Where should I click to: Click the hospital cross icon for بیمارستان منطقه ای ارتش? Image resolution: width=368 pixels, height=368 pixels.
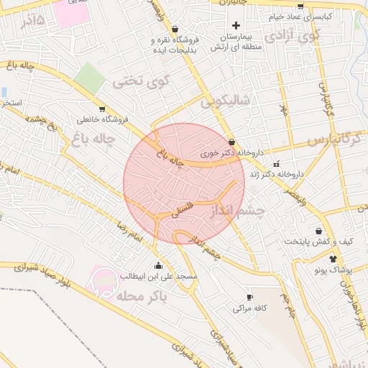pyautogui.click(x=236, y=26)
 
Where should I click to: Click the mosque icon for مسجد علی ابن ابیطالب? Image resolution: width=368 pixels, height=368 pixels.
pyautogui.click(x=158, y=264)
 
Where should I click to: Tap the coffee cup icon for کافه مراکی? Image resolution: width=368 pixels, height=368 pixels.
pyautogui.click(x=249, y=297)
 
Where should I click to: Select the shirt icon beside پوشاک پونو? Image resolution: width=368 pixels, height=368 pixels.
pyautogui.click(x=332, y=258)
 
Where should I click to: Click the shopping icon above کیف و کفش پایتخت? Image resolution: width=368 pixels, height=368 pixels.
pyautogui.click(x=318, y=231)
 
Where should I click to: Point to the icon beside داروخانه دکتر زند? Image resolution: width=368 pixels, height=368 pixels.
pyautogui.click(x=277, y=165)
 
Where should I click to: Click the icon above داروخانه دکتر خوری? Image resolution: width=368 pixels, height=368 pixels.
pyautogui.click(x=231, y=142)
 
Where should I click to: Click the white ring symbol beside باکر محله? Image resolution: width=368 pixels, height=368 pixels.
pyautogui.click(x=103, y=280)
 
